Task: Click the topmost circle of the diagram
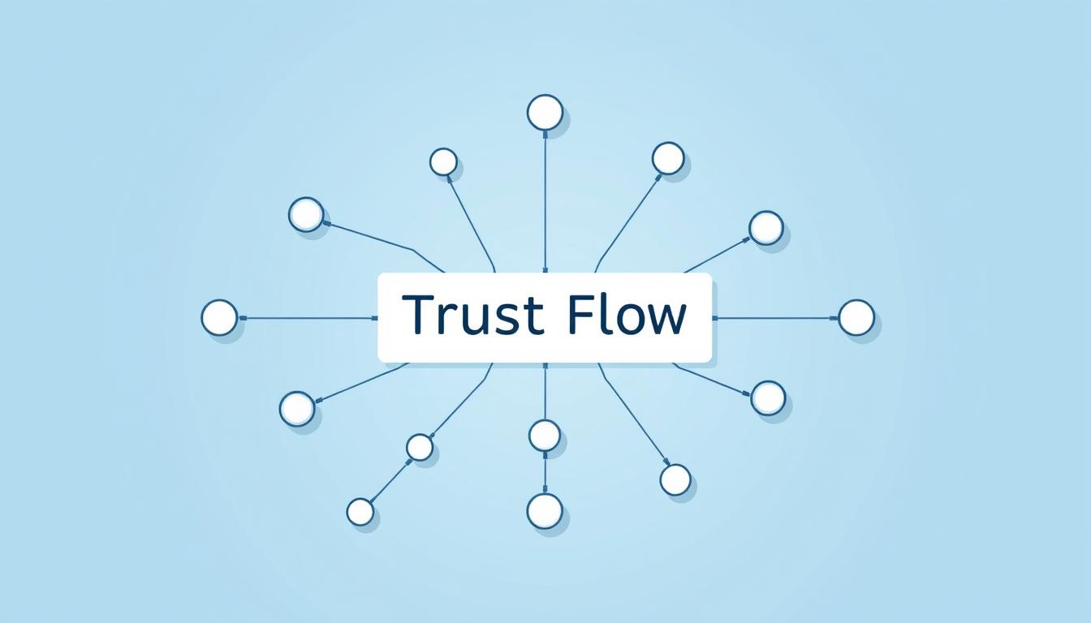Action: coord(545,113)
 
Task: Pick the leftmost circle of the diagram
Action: coord(220,317)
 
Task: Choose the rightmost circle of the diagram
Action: coord(856,317)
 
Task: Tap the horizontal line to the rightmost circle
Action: coord(775,318)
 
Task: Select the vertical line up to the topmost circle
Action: coord(545,201)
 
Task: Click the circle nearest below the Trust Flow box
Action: coord(545,435)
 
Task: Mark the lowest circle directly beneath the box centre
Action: coord(545,511)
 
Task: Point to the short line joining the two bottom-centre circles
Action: coord(545,472)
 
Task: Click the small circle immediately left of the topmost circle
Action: coord(444,162)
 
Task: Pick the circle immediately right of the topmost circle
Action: coord(668,159)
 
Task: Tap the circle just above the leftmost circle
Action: coord(306,215)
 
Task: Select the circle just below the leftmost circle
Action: coord(297,409)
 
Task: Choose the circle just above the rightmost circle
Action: coord(766,228)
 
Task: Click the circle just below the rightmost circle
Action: coord(769,398)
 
